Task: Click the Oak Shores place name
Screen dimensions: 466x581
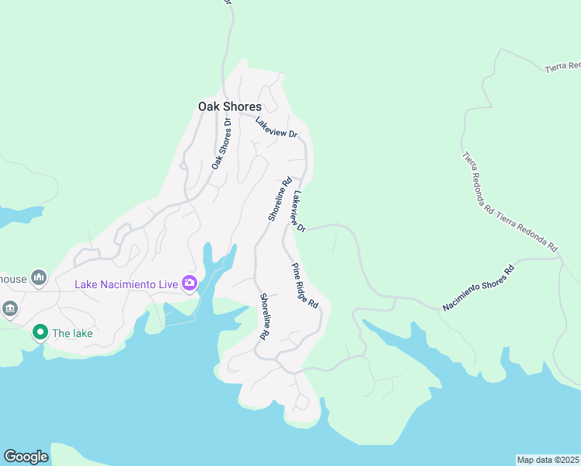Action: point(230,106)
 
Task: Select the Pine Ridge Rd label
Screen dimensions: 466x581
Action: point(305,286)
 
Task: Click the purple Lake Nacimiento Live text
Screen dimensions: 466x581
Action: point(127,283)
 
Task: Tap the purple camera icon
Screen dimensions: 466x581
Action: point(189,283)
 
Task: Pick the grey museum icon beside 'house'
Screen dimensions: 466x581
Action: point(40,277)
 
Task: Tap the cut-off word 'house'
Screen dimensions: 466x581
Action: point(13,278)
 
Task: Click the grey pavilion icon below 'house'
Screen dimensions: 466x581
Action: point(9,309)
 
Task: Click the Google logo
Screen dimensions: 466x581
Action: point(26,457)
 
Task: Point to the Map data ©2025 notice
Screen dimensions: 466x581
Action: point(548,460)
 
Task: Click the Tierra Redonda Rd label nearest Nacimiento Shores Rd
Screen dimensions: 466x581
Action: point(527,231)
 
